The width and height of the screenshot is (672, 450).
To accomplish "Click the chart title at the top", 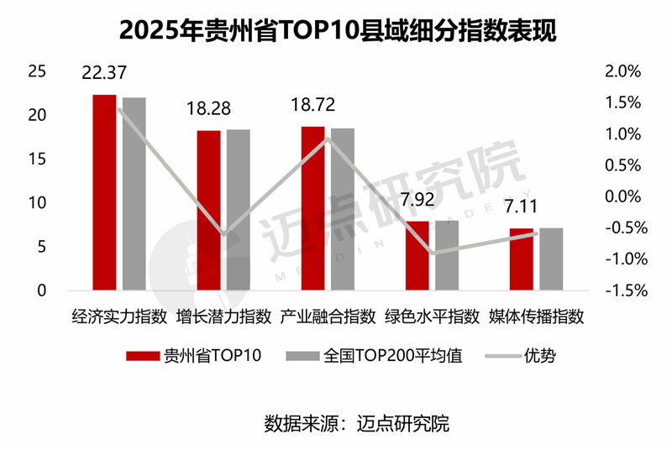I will [x=336, y=31].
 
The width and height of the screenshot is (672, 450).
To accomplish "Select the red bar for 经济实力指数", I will [x=104, y=193].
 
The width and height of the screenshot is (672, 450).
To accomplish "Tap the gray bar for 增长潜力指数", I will [x=238, y=210].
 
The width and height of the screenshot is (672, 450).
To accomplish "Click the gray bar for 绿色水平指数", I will [x=447, y=255].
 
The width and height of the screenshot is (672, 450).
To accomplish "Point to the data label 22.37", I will [x=104, y=73].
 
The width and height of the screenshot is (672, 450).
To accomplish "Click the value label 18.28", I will [x=208, y=110].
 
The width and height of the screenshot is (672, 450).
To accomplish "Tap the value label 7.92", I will [x=417, y=201].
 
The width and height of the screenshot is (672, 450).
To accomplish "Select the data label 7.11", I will [x=521, y=207].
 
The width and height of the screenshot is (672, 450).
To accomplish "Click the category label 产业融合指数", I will [x=328, y=317].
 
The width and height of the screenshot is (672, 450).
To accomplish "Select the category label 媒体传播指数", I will [x=536, y=317].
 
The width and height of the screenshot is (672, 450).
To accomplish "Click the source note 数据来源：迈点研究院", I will [x=356, y=423].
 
